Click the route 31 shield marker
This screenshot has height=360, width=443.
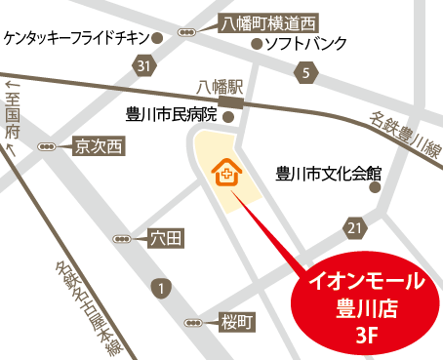coord(144,66)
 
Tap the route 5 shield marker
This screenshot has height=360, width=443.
coord(305,73)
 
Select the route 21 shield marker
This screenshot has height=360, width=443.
coord(353,227)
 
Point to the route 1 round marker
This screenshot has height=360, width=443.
coord(160,288)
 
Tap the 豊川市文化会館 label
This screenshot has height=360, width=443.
coord(326,175)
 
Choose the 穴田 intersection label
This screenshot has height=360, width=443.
coord(164,237)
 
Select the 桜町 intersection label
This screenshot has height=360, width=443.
coord(236,321)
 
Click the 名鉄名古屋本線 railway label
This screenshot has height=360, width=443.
coord(88,302)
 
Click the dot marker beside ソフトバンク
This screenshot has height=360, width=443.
coord(257,44)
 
